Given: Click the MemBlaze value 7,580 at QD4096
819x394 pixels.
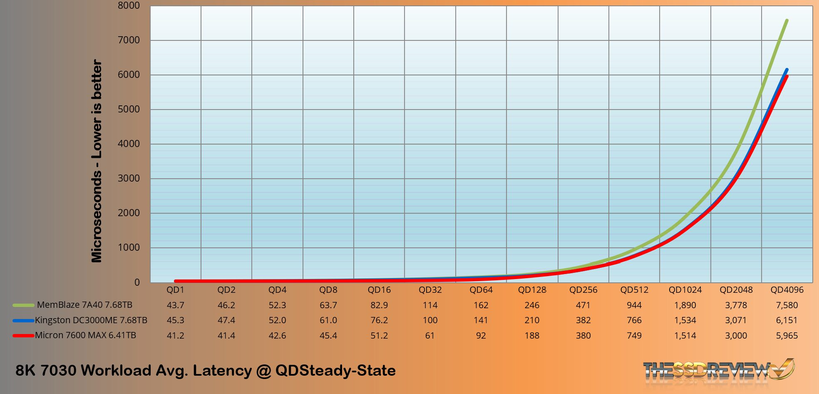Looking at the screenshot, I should pyautogui.click(x=787, y=305).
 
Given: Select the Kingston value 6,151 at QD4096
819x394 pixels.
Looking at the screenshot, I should pyautogui.click(x=787, y=320).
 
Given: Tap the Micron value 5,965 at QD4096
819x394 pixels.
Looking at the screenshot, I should pyautogui.click(x=787, y=336).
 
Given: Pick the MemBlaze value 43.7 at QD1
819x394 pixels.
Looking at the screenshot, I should pyautogui.click(x=175, y=305).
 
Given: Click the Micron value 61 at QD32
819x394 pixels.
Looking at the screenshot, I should pyautogui.click(x=430, y=336).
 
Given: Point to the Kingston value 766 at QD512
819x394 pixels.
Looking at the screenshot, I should pyautogui.click(x=634, y=320).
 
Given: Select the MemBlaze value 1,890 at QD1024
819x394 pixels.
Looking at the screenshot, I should pyautogui.click(x=685, y=305).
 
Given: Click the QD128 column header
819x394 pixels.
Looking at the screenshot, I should pyautogui.click(x=532, y=290).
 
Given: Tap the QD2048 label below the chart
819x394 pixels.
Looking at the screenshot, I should pyautogui.click(x=736, y=290).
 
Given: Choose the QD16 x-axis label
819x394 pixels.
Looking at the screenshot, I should pyautogui.click(x=379, y=290).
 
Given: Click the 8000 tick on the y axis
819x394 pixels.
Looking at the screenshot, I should pyautogui.click(x=129, y=6).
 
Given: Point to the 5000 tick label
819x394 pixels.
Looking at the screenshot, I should pyautogui.click(x=129, y=110).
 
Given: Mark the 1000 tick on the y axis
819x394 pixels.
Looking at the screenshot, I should pyautogui.click(x=129, y=248).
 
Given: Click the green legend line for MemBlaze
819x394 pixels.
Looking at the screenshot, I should pyautogui.click(x=23, y=305).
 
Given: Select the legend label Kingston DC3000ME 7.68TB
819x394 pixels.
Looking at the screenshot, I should pyautogui.click(x=91, y=320).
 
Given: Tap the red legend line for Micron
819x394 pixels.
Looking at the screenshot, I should pyautogui.click(x=23, y=336).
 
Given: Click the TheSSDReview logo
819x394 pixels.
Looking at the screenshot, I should pyautogui.click(x=718, y=369).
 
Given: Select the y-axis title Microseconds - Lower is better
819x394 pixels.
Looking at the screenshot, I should pyautogui.click(x=97, y=161).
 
